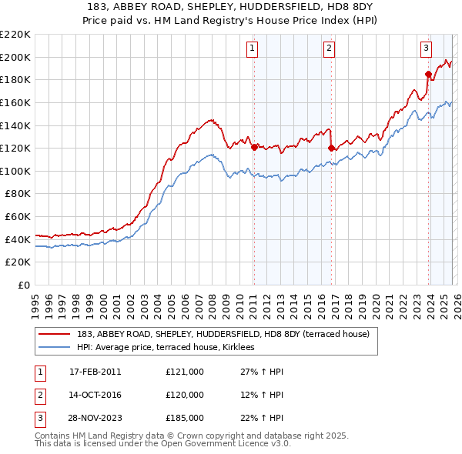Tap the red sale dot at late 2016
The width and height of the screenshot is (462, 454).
331,148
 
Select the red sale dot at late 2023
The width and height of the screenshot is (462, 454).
428,73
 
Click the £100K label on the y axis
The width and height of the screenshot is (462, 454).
15,171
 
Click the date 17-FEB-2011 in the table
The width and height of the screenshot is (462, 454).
95,372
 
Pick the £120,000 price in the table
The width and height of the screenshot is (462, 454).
184,395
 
